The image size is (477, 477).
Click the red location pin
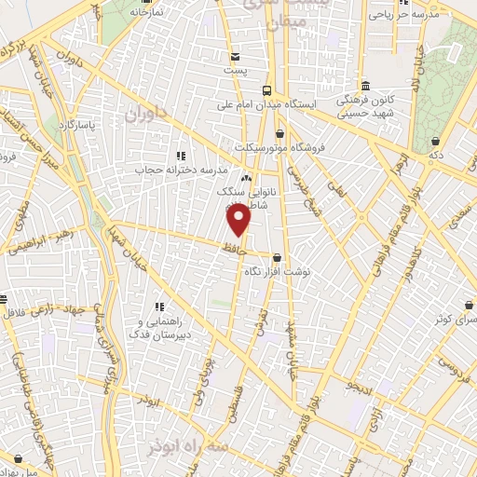(240, 220)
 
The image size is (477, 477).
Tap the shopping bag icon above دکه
(435, 141)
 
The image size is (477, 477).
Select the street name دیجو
(358, 384)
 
